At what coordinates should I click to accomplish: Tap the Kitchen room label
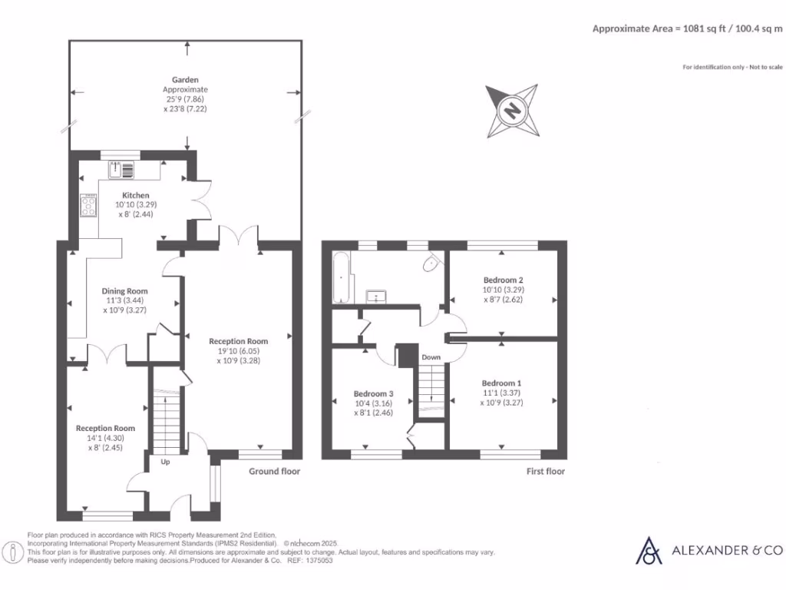[135, 195]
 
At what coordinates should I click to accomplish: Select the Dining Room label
[124, 291]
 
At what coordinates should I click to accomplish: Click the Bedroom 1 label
[501, 383]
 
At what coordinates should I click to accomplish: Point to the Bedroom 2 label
[503, 280]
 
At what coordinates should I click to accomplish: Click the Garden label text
[185, 79]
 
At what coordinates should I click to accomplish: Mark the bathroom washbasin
[376, 296]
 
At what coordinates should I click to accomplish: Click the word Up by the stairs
[165, 462]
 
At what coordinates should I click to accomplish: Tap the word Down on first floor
[431, 357]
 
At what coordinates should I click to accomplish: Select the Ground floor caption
[274, 471]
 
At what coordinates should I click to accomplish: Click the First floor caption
[545, 471]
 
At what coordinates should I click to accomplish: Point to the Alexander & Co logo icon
[650, 550]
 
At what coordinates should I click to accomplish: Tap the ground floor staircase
[166, 423]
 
